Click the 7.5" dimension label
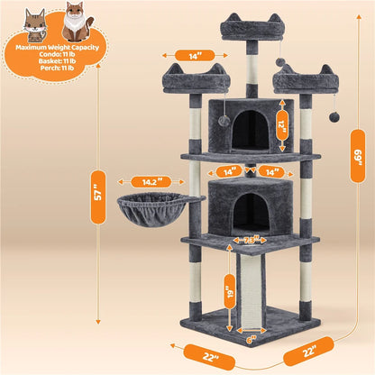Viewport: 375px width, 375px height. (x=250, y=241)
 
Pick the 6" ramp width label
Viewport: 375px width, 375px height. (x=249, y=341)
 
